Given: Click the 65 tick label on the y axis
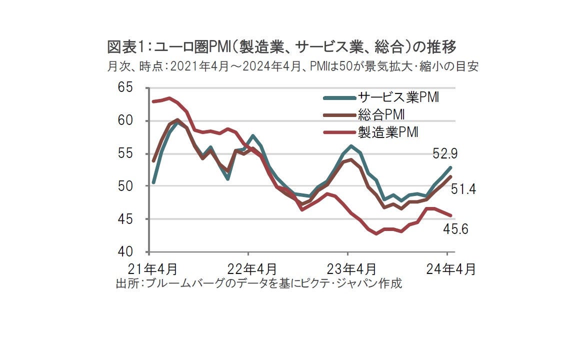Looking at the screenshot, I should point(125,88).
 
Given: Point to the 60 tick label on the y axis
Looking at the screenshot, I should point(125,121).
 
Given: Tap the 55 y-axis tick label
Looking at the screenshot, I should point(125,153).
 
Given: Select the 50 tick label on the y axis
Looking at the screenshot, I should point(125,186).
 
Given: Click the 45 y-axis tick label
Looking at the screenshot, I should point(125,219).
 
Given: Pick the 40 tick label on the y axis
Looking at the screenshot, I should point(125,251).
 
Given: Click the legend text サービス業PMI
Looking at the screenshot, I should point(398,97).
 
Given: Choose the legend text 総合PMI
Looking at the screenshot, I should point(381,114).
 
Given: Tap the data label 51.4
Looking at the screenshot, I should point(463,189).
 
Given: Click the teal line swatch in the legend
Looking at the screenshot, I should point(339,97).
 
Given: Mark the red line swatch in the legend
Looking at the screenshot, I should point(339,132).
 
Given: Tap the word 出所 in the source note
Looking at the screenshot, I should point(127,283).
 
